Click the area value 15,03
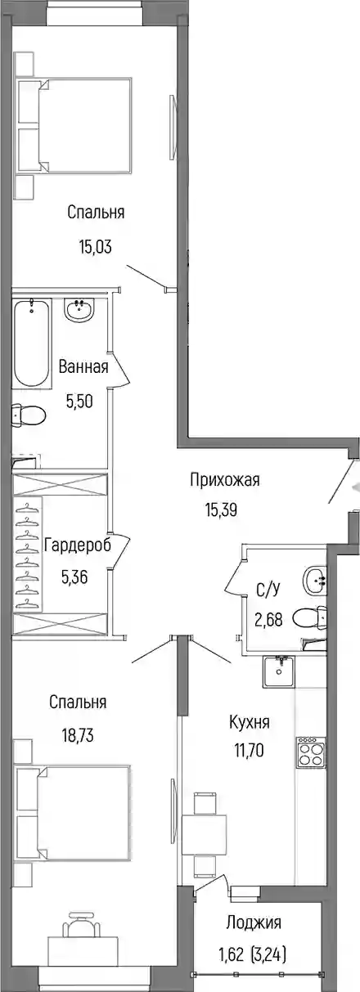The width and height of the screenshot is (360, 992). (95, 247)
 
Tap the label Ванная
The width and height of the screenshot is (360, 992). (83, 366)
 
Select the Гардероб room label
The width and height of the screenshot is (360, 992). (78, 545)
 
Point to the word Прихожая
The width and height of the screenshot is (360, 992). (224, 479)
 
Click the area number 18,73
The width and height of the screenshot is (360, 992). (78, 736)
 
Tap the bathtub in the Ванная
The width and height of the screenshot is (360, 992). (31, 343)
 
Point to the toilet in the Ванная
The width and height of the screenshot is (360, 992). (29, 415)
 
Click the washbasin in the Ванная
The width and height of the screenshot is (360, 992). (79, 310)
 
